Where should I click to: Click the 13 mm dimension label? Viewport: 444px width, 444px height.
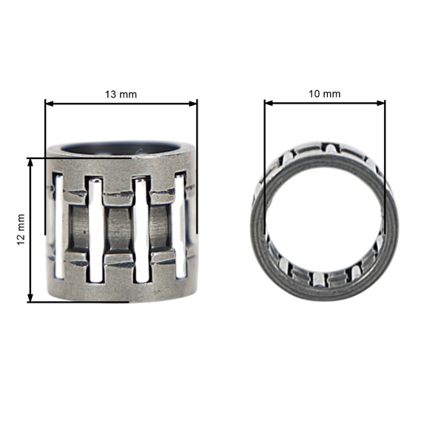click(x=121, y=94)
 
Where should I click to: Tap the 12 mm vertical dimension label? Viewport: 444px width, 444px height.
click(x=21, y=229)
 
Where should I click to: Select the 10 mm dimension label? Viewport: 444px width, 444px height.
click(x=325, y=94)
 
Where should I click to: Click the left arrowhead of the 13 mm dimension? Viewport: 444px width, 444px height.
click(x=50, y=104)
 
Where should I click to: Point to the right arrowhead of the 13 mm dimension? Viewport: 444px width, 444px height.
click(x=193, y=104)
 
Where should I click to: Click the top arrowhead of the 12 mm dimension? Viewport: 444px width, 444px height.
click(x=30, y=163)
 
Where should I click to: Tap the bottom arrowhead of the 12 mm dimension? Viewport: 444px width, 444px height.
click(x=30, y=297)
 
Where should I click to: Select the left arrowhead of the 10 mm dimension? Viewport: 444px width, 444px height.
click(x=269, y=103)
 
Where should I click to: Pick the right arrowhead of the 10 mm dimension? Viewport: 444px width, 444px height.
click(x=381, y=103)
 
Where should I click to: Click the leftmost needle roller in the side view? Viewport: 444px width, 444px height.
click(x=59, y=226)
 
